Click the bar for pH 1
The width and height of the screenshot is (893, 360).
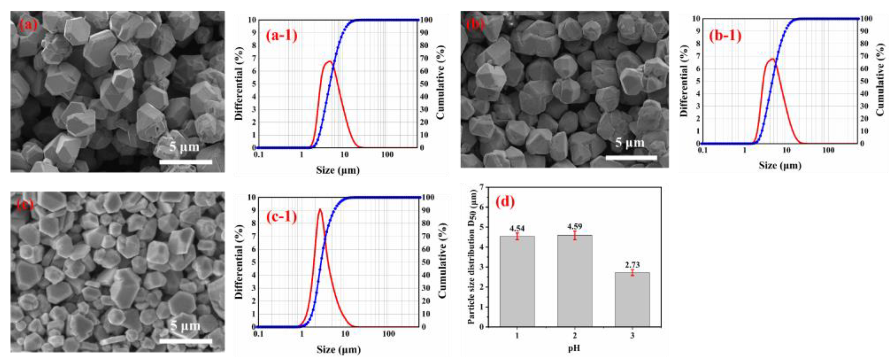tap(517, 281)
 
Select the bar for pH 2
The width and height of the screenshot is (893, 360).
tap(574, 281)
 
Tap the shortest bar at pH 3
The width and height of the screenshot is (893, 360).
tap(632, 299)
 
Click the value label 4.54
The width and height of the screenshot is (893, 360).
tap(517, 228)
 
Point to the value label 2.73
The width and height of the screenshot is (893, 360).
tap(632, 265)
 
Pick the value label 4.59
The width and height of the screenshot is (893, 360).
tap(574, 227)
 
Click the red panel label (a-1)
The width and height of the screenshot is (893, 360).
tap(281, 36)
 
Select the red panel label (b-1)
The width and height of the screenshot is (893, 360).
tap(725, 36)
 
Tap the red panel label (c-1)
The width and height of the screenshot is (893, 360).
tap(281, 217)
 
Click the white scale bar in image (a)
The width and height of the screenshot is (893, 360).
tap(185, 162)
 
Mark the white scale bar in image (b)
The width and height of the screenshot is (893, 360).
tap(631, 158)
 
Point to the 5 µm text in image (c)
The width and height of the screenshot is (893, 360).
tap(185, 326)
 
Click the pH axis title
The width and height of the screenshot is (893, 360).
tap(574, 348)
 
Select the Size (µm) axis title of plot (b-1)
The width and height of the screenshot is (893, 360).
tap(780, 166)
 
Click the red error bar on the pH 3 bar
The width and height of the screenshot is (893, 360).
tap(632, 273)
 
